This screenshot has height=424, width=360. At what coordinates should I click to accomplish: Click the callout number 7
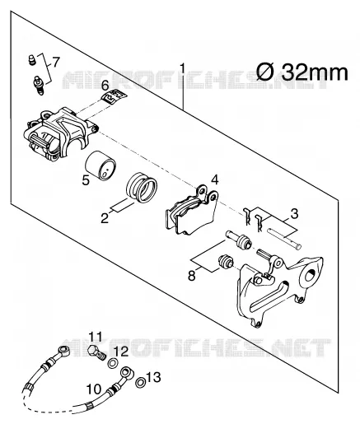56,63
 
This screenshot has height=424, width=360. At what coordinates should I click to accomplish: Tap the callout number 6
105,86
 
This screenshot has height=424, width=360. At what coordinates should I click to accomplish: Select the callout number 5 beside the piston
86,180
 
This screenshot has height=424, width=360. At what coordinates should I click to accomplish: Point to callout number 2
105,218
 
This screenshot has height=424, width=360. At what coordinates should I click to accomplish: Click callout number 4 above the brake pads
215,180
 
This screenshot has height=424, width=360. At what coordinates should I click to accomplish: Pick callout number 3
294,214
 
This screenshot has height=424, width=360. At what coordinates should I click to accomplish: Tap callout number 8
192,275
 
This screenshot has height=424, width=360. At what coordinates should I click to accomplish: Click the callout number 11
95,337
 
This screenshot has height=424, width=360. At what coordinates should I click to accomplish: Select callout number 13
153,377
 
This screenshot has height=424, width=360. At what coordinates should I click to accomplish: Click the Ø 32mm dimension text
302,72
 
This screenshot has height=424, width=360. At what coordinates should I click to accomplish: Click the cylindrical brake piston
101,165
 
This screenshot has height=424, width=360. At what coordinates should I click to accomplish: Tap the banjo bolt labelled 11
97,353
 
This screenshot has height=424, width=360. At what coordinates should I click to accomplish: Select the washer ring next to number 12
113,364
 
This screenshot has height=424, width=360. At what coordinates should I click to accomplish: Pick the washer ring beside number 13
140,383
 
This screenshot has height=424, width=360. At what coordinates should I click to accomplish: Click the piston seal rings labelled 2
142,188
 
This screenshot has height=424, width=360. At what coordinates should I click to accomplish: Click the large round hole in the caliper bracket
310,275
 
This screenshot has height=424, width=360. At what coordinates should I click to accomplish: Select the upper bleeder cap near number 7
32,59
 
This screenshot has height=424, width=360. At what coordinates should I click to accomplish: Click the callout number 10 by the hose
94,389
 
